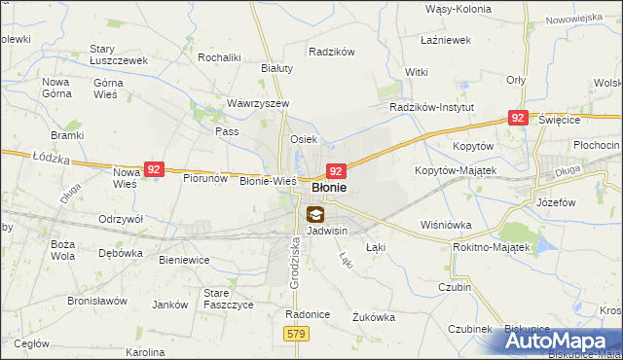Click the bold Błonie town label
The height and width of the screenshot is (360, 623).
click(329, 188)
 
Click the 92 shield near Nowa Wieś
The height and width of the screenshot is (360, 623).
click(154, 169)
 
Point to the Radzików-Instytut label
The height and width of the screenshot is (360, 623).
click(431, 107)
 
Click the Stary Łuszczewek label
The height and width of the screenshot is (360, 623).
click(118, 54)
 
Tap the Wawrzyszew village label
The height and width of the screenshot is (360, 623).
click(258, 103)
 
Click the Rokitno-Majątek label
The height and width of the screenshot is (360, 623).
click(492, 247)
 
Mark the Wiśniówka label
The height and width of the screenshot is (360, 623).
click(447, 225)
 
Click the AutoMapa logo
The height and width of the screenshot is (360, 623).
click(562, 341)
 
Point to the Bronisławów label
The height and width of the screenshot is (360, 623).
click(97, 301)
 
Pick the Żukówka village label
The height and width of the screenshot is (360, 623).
click(373, 316)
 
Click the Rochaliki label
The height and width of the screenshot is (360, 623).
click(219, 57)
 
